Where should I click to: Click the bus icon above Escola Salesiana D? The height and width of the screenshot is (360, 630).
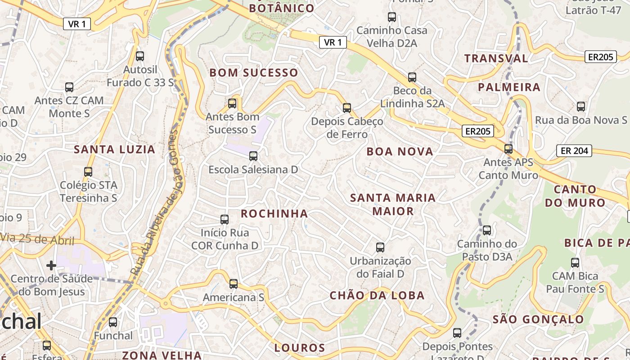[x=253, y=156]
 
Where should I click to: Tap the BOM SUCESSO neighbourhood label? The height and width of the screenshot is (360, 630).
[x=254, y=73]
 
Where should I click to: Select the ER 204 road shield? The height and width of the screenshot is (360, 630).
[x=574, y=151]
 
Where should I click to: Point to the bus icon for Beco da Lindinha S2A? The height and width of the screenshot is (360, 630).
[x=412, y=77]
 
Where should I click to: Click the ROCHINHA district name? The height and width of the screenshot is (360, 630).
[x=274, y=213]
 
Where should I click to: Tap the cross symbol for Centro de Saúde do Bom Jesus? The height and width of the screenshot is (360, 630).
[x=51, y=265]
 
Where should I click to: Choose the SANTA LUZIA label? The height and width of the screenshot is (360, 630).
[x=114, y=149]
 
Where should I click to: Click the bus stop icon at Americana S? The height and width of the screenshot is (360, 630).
[x=233, y=284]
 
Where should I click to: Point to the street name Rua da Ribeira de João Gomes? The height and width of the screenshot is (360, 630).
[x=154, y=202]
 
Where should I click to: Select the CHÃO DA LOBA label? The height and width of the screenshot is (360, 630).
[x=377, y=295]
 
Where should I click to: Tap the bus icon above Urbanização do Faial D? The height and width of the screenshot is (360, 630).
[x=380, y=247]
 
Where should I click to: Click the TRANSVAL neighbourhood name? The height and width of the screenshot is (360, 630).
[x=496, y=58]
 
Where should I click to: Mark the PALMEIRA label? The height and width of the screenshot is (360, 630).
[x=509, y=87]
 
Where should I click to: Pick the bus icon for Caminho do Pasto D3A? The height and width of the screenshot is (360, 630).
[x=487, y=230]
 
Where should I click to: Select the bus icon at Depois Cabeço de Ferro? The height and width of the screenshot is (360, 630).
[x=346, y=108]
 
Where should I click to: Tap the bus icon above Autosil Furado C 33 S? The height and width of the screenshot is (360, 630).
[x=140, y=56]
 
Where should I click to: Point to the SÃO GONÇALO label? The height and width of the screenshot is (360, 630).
[x=538, y=319]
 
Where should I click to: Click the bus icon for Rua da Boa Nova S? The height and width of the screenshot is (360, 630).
[x=581, y=107]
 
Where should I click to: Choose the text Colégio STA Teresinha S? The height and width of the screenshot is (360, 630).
[x=88, y=192]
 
